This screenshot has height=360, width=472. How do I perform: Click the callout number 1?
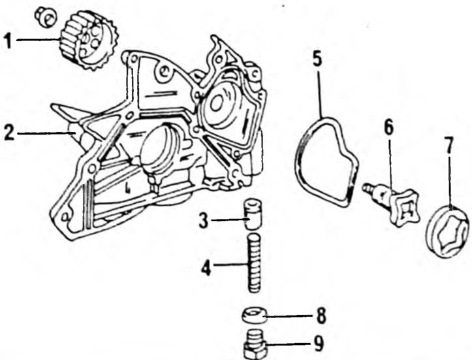pos(8,41)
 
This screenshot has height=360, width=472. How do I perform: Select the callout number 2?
pos(8,133)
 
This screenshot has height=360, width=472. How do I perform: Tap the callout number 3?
pos(204,221)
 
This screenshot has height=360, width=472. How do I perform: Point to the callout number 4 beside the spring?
pos(206,267)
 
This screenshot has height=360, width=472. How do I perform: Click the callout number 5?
pos(317,59)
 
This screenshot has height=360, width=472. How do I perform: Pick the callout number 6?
pos(388,127)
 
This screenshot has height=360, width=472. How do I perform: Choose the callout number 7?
pos(448,146)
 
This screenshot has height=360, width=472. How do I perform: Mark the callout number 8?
pos(321,316)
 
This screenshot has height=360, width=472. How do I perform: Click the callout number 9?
pos(319,344)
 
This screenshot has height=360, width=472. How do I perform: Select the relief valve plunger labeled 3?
pos(252,214)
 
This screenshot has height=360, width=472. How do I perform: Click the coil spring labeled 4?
pos(255,263)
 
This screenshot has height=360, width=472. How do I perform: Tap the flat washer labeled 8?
pos(255,316)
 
